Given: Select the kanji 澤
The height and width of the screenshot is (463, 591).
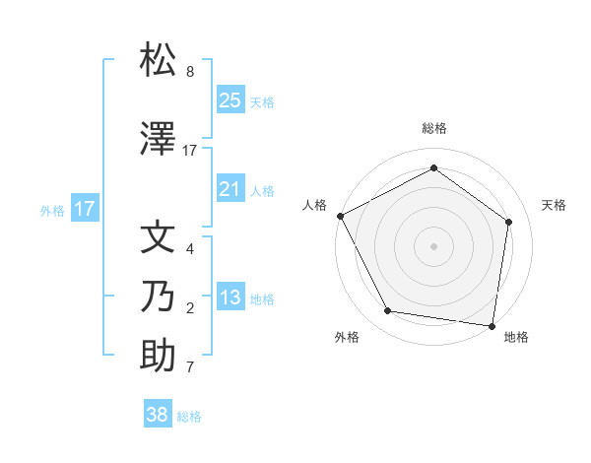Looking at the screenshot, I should [x=159, y=140].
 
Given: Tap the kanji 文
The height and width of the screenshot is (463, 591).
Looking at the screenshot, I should [x=159, y=238].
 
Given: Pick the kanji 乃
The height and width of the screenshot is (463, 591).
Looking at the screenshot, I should [x=159, y=296].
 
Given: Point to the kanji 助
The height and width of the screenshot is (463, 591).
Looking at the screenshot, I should [x=159, y=356].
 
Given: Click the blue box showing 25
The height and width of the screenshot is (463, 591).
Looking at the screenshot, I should [x=230, y=100].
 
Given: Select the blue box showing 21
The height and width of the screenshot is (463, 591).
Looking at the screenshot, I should [x=230, y=189].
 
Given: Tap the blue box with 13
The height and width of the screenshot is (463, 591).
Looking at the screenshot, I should [x=230, y=298].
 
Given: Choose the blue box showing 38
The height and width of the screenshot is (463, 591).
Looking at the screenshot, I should [x=158, y=415].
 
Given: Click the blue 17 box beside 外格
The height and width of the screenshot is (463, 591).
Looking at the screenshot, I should [x=84, y=209].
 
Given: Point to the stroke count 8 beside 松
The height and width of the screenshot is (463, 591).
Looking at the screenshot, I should [x=190, y=72].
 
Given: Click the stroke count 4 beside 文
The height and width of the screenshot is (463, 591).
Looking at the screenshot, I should [x=190, y=249].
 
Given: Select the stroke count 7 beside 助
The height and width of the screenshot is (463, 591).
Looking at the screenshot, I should [x=190, y=367].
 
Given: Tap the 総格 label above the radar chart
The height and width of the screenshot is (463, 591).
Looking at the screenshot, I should [x=433, y=128].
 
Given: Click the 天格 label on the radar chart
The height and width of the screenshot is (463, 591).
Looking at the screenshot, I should [x=554, y=205].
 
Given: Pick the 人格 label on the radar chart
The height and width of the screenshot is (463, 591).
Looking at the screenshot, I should [x=314, y=205].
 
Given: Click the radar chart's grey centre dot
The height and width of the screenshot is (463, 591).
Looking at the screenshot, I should [x=433, y=245].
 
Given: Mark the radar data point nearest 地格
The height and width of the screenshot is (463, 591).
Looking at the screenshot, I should [x=492, y=325].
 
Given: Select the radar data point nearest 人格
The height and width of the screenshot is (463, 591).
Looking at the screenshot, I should [x=340, y=216].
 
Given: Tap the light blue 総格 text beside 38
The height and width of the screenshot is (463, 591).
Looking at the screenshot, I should [x=189, y=417].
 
